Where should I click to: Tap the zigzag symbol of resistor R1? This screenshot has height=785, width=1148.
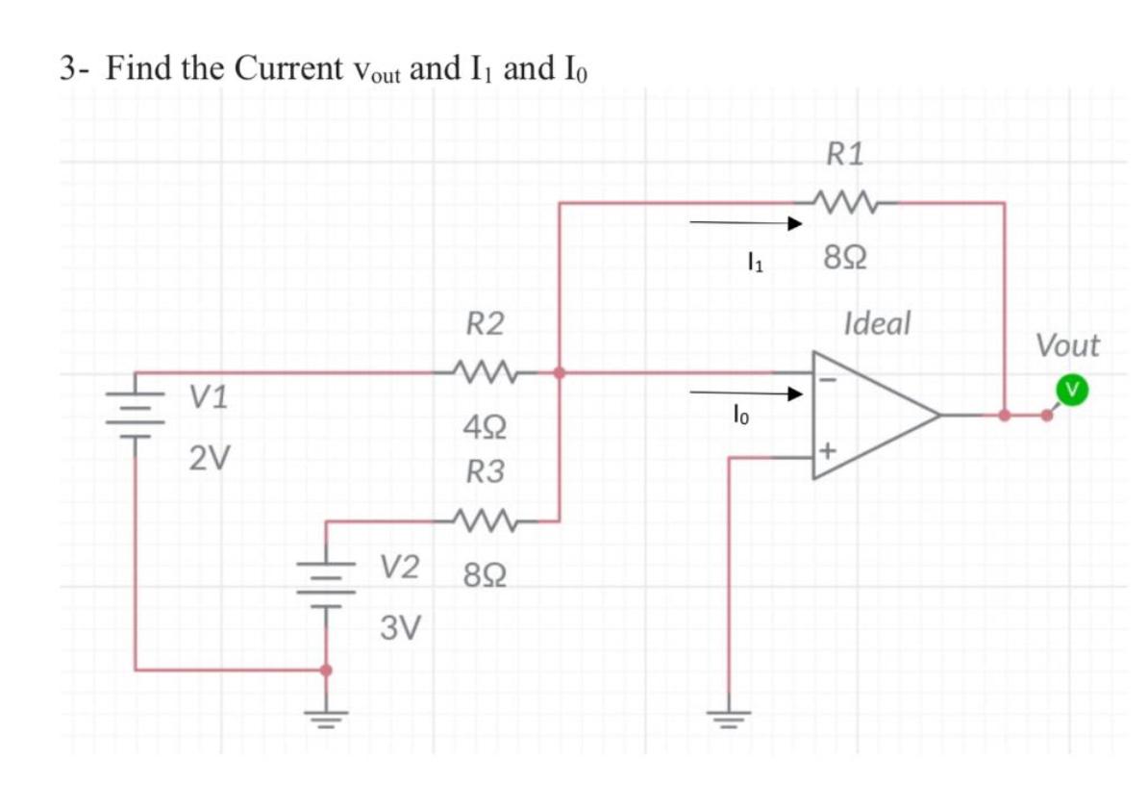[845, 203]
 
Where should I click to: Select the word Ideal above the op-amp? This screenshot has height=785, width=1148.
[876, 323]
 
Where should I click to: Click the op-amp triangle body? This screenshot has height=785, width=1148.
[870, 415]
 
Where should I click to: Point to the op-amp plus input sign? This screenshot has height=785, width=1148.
[829, 451]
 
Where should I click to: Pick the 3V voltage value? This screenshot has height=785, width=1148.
[400, 628]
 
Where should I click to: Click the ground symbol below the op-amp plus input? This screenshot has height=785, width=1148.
[727, 718]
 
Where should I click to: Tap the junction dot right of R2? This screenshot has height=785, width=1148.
[560, 372]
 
